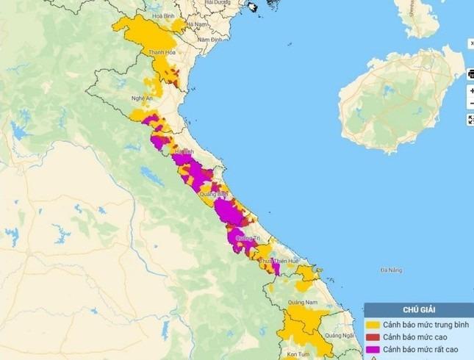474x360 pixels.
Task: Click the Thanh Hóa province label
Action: click(x=160, y=52)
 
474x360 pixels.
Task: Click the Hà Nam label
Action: click(x=197, y=24)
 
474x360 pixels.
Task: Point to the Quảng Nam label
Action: click(x=301, y=302)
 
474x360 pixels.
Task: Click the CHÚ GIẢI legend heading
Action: click(x=418, y=310)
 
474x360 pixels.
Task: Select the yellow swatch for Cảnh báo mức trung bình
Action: click(x=373, y=324)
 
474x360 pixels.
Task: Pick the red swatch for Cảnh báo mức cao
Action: click(x=373, y=336)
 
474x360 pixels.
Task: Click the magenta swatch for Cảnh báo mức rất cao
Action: click(x=373, y=349)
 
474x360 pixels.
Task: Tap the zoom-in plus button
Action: click(x=470, y=90)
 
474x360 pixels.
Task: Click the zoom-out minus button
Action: click(x=470, y=104)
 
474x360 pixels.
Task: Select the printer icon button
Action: click(x=470, y=73)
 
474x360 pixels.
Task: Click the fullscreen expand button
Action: click(x=470, y=120)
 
